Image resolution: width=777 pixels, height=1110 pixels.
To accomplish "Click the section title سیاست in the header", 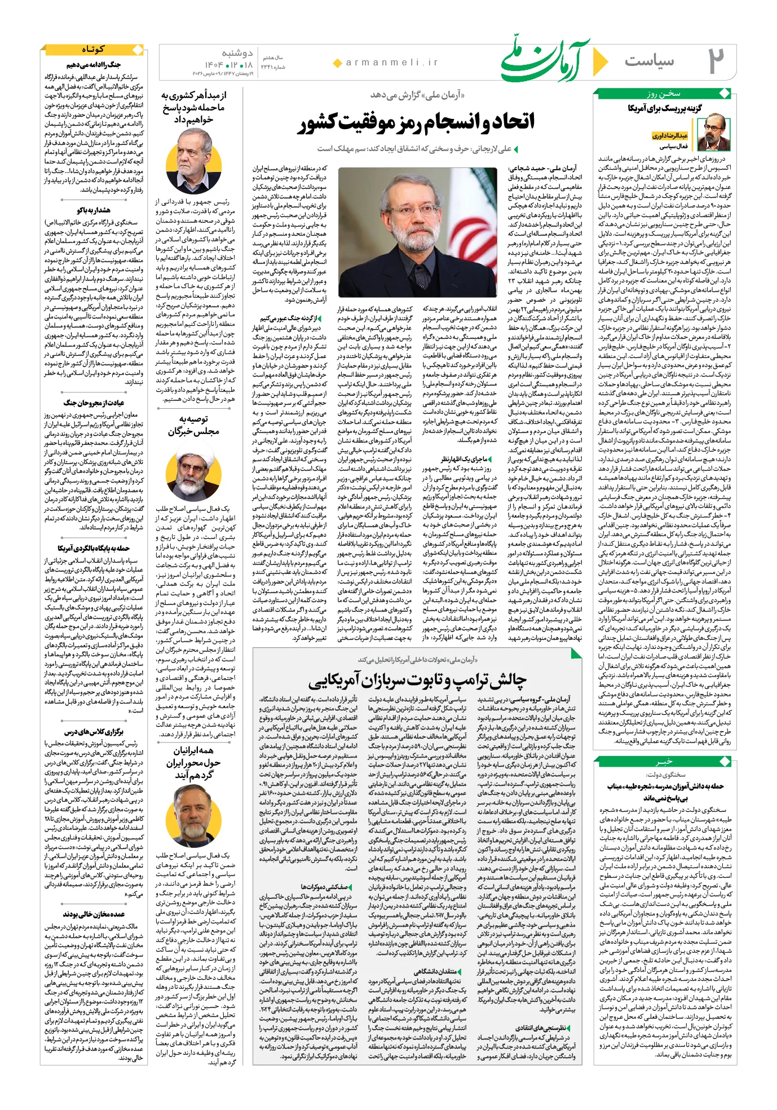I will (649, 61).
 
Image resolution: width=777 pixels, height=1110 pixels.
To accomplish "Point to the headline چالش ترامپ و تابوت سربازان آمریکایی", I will (417, 680).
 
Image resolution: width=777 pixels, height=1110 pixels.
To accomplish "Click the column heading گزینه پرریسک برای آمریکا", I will (665, 108).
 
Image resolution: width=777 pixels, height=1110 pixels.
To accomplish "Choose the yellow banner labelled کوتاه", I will (93, 50).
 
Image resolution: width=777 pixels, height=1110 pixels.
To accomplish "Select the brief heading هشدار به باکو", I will (94, 210).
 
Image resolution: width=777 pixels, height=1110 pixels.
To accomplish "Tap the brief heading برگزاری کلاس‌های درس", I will (94, 732).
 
